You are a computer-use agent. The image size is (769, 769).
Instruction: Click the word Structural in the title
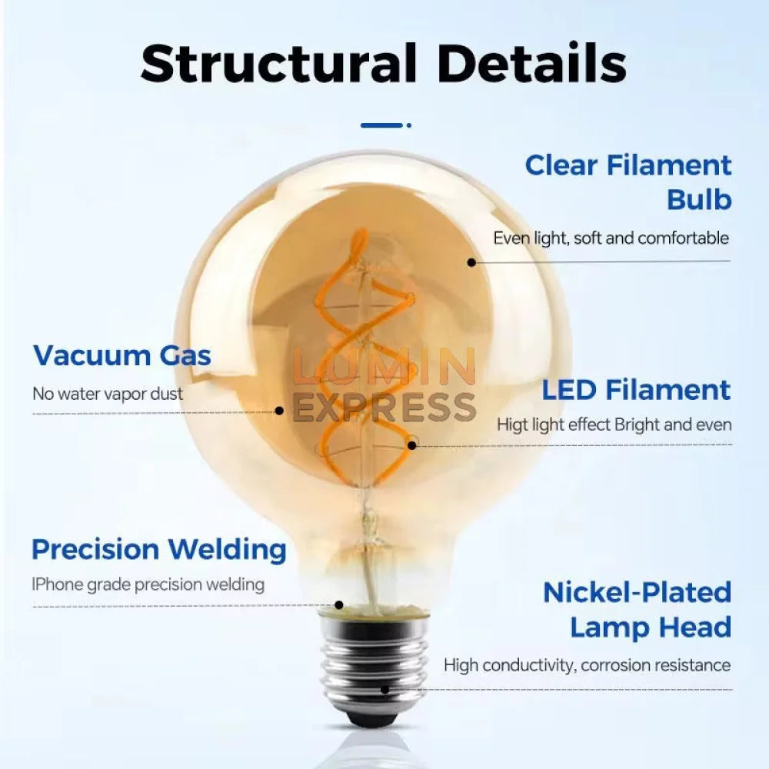click(x=278, y=64)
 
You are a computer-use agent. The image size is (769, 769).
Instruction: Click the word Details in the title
click(x=531, y=63)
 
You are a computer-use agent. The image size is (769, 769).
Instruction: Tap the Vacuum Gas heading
click(x=122, y=355)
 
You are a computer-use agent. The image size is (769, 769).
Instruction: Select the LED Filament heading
click(x=636, y=391)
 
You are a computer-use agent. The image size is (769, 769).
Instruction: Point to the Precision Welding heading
click(x=159, y=550)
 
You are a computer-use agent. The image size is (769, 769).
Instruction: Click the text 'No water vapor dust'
click(x=108, y=393)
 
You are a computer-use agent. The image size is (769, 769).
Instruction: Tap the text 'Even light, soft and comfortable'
click(x=611, y=238)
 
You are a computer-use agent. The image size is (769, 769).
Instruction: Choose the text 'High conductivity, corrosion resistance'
click(x=587, y=665)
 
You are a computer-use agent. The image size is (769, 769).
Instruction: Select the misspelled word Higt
click(x=512, y=424)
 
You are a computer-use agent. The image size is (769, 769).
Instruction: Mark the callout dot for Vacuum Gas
click(x=279, y=411)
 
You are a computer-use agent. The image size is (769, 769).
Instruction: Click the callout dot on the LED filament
click(x=412, y=444)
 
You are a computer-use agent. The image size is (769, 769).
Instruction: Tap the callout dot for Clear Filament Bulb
click(x=471, y=262)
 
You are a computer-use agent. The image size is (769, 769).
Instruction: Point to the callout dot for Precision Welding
click(x=339, y=604)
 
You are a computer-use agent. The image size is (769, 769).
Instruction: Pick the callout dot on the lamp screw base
click(x=385, y=689)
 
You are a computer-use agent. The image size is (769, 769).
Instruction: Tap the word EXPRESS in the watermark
click(x=384, y=407)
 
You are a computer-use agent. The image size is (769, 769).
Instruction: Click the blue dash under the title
click(x=381, y=125)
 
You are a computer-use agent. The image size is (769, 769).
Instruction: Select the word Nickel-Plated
click(x=637, y=592)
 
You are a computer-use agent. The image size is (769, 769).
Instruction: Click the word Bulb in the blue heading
click(x=699, y=200)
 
